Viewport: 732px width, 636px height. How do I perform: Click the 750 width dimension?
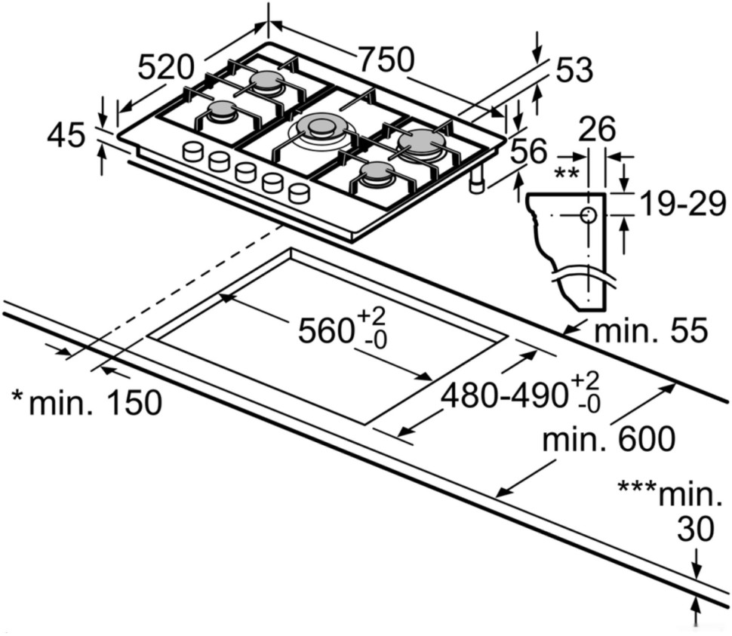click(x=386, y=60)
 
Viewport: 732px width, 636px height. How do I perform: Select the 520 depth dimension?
click(x=166, y=67)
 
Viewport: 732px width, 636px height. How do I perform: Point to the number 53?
click(x=574, y=71)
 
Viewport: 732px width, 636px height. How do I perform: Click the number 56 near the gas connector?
click(x=528, y=152)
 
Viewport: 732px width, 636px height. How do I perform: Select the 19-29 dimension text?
click(x=682, y=203)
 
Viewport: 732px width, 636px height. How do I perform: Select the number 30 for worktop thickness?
click(x=694, y=530)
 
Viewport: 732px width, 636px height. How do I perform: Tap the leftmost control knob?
click(x=193, y=151)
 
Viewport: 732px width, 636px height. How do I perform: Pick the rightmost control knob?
click(x=300, y=193)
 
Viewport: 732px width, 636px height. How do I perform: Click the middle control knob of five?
click(x=246, y=172)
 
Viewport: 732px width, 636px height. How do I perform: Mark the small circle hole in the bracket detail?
click(x=588, y=216)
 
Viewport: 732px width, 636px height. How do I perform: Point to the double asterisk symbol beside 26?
click(x=565, y=173)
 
